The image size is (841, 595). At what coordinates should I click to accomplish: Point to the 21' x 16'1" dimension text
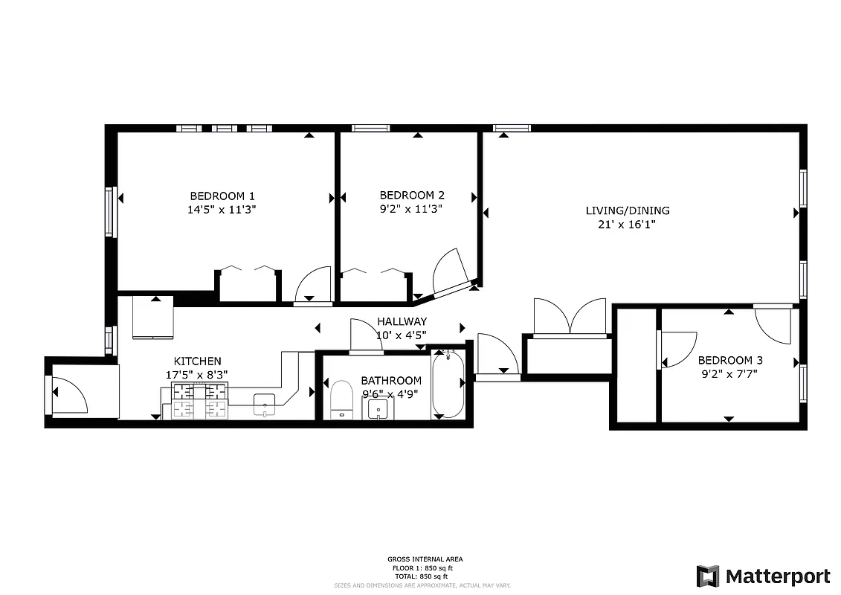[627, 224]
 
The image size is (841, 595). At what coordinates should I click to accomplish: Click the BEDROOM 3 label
[729, 360]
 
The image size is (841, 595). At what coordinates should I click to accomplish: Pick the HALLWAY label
[402, 321]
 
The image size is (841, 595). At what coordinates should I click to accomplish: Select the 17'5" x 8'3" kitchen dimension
[196, 376]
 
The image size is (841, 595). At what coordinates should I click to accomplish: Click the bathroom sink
[378, 409]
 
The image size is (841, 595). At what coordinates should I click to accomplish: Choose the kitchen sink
[265, 404]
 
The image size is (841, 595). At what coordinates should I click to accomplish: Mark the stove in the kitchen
[199, 402]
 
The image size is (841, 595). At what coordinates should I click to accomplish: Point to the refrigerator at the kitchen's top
[153, 318]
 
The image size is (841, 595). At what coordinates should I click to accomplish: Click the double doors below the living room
[570, 318]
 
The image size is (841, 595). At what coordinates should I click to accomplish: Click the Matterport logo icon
[707, 576]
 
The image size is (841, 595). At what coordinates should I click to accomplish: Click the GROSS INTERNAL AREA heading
[420, 559]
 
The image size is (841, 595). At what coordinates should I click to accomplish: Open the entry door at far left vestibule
[69, 395]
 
